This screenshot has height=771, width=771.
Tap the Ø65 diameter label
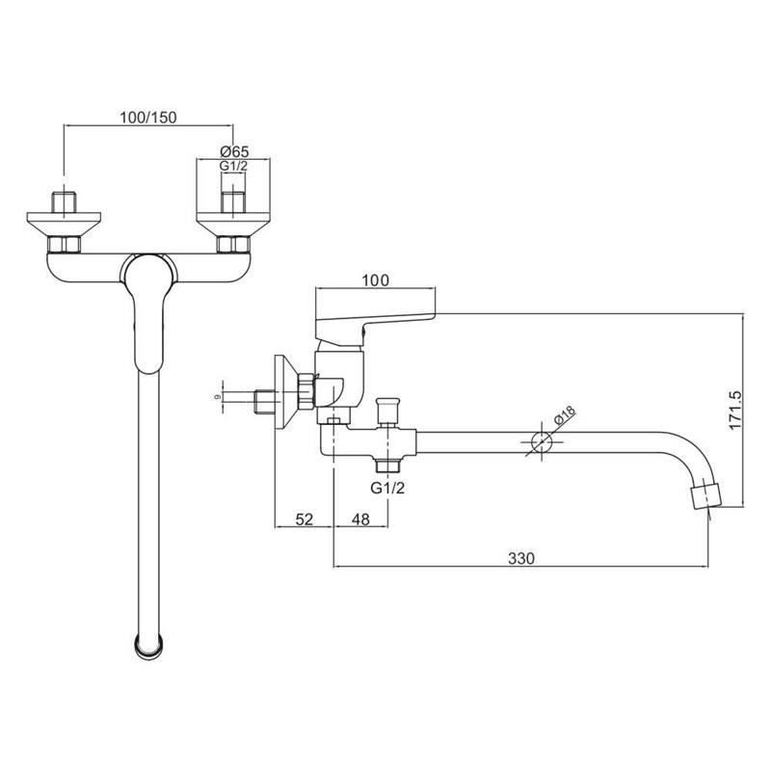[x=235, y=150]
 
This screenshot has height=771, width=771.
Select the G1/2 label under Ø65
[x=235, y=167]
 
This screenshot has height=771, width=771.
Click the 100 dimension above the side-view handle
[x=376, y=280]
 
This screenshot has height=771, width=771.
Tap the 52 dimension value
[x=304, y=519]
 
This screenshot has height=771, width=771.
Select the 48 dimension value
[x=360, y=519]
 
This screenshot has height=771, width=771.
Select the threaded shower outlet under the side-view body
[x=387, y=466]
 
